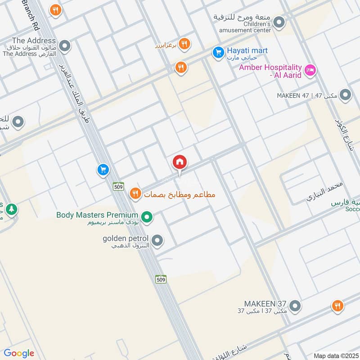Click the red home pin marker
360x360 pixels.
click(x=180, y=163)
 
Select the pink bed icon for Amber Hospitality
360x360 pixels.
click(x=310, y=70)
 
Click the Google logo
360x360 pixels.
click(x=18, y=353)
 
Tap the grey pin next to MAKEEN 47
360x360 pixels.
click(x=345, y=95)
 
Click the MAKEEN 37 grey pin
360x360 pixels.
click(x=295, y=306)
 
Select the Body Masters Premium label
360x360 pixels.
click(x=97, y=215)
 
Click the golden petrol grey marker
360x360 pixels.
click(x=157, y=241)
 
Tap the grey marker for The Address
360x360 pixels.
click(x=65, y=45)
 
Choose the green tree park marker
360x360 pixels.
click(x=12, y=209)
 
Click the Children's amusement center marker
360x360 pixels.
click(x=279, y=22)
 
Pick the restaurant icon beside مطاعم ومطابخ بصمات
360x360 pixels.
click(x=135, y=194)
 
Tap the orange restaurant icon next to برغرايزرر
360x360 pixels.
click(x=184, y=44)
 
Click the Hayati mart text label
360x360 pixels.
click(x=247, y=50)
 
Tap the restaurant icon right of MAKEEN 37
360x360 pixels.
click(x=337, y=306)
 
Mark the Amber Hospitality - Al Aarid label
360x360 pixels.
click(x=270, y=71)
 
